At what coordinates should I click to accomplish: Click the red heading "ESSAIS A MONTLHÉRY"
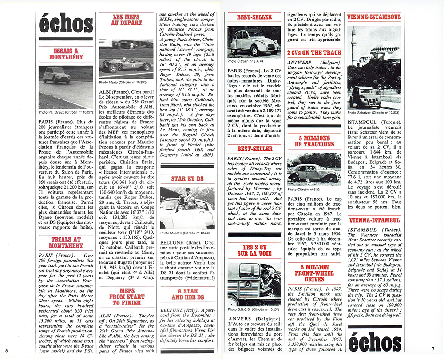pyautogui.click(x=66, y=55)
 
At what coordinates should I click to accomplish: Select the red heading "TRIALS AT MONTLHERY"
pyautogui.click(x=66, y=242)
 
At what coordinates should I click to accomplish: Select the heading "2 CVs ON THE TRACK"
pyautogui.click(x=314, y=53)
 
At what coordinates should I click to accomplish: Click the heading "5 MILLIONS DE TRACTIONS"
pyautogui.click(x=314, y=142)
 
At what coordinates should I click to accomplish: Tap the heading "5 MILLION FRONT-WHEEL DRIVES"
pyautogui.click(x=314, y=273)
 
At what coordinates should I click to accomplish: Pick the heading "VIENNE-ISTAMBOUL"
pyautogui.click(x=375, y=17)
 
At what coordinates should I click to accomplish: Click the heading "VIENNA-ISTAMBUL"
pyautogui.click(x=375, y=220)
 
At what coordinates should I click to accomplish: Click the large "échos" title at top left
pyautogui.click(x=66, y=24)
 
